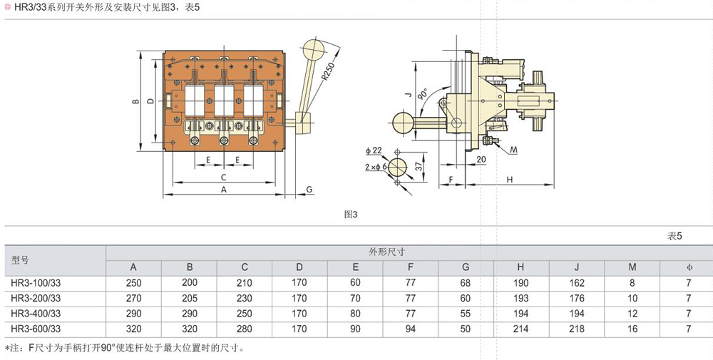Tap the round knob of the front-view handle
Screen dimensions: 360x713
[x=313, y=50]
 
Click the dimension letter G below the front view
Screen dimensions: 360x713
[x=309, y=189]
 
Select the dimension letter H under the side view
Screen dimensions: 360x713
[x=509, y=180]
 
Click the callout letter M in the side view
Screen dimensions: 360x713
[x=514, y=150]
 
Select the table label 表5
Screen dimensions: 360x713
[x=674, y=236]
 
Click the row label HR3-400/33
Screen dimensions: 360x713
[x=36, y=313]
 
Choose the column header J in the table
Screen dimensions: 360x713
[x=576, y=267]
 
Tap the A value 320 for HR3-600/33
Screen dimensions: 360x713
[x=134, y=329]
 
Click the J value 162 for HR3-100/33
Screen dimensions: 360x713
[x=576, y=283]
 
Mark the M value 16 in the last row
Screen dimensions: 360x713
[x=632, y=329]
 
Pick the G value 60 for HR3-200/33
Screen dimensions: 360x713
[x=466, y=298]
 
